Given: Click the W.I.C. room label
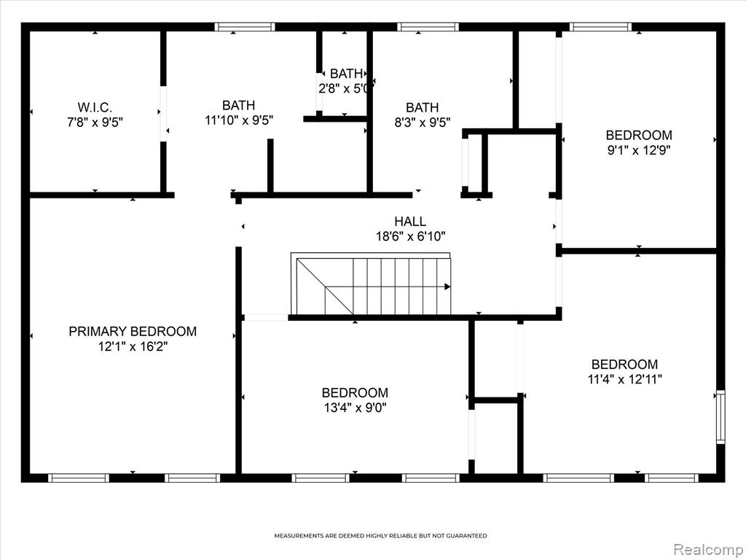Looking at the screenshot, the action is pyautogui.click(x=95, y=107).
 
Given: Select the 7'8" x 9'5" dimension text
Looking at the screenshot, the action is pyautogui.click(x=95, y=122).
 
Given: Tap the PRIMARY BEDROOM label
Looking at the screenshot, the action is pyautogui.click(x=133, y=332).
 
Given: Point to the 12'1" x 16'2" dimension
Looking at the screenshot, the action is pyautogui.click(x=133, y=346).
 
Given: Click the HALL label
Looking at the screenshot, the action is pyautogui.click(x=410, y=222).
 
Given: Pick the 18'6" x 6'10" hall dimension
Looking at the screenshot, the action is pyautogui.click(x=411, y=236).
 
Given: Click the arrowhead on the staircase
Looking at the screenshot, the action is pyautogui.click(x=447, y=287).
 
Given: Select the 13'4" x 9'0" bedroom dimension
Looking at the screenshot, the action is pyautogui.click(x=355, y=408).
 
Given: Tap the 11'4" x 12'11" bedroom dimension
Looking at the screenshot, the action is pyautogui.click(x=624, y=379).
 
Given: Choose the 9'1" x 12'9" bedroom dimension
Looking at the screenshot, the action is pyautogui.click(x=638, y=150).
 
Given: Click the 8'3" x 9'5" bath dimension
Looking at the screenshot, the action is pyautogui.click(x=422, y=122).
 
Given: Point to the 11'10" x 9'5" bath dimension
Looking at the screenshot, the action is pyautogui.click(x=239, y=120).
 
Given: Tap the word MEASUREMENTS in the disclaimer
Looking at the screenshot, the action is pyautogui.click(x=299, y=536).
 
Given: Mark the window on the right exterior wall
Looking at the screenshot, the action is pyautogui.click(x=721, y=417).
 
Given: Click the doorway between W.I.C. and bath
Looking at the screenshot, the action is pyautogui.click(x=163, y=114).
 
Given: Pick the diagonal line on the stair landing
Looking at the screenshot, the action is pyautogui.click(x=325, y=287).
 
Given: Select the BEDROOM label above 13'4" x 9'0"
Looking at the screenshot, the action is pyautogui.click(x=355, y=393).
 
